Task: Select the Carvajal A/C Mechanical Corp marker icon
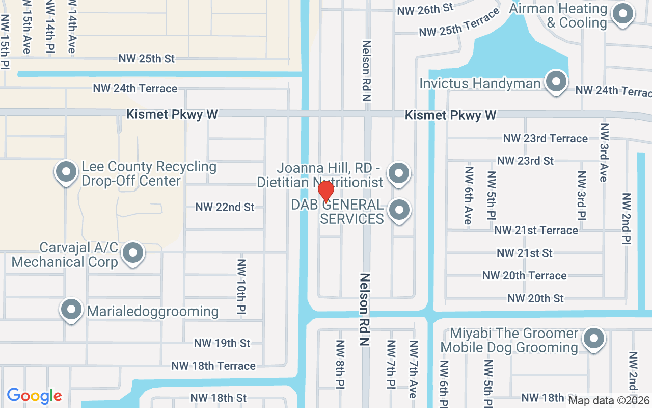(x=133, y=252)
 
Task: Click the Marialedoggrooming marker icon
(x=71, y=309)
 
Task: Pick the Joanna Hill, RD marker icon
(x=399, y=173)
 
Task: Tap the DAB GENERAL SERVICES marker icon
(x=399, y=210)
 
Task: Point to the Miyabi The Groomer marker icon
(x=593, y=339)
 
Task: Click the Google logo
(x=34, y=396)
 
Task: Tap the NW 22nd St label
(x=225, y=207)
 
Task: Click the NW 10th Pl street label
(x=241, y=286)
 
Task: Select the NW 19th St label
(x=222, y=343)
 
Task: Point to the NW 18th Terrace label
(x=213, y=366)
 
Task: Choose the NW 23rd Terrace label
(x=545, y=138)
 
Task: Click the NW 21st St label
(x=525, y=253)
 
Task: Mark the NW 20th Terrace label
(x=524, y=275)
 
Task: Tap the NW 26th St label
(x=425, y=9)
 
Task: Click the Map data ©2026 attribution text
(x=609, y=400)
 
